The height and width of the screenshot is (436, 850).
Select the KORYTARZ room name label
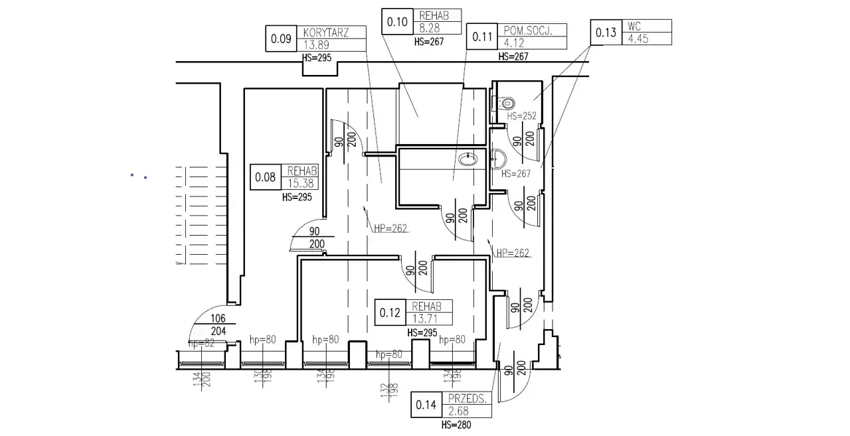click(x=325, y=33)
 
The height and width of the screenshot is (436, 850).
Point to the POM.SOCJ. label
click(x=525, y=31)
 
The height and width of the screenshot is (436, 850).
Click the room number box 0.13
click(x=606, y=32)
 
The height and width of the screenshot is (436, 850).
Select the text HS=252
click(x=522, y=115)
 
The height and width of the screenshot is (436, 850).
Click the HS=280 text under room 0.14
click(x=456, y=425)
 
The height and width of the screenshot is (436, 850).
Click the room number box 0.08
click(x=265, y=177)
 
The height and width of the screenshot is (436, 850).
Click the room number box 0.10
click(x=397, y=21)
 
